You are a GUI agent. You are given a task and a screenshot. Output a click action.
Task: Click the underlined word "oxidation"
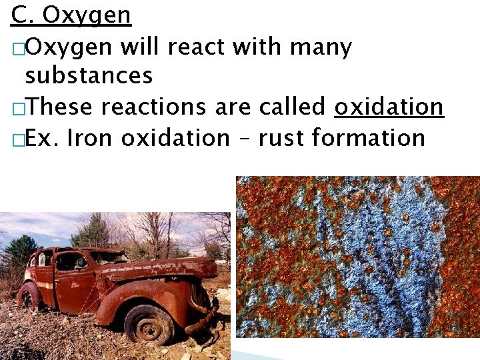pyautogui.click(x=389, y=107)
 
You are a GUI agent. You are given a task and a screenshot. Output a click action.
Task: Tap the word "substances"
pyautogui.click(x=89, y=76)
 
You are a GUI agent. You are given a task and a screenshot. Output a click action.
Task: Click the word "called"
pyautogui.click(x=293, y=107)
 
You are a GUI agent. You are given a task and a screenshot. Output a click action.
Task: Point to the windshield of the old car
pyautogui.click(x=109, y=257)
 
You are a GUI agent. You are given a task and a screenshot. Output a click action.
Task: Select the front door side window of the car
pyautogui.click(x=70, y=261)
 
